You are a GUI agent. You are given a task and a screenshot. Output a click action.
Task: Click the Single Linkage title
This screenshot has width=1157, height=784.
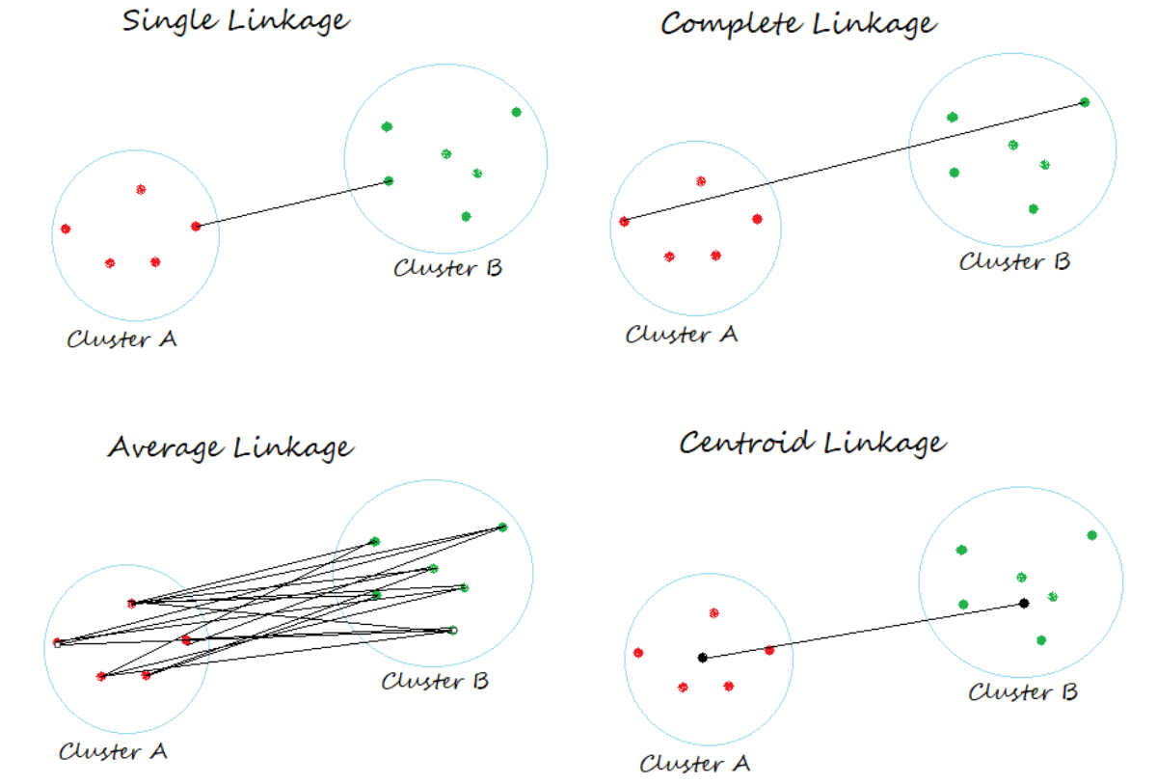pyautogui.click(x=236, y=20)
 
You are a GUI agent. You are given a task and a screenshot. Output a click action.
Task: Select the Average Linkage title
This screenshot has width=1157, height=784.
pyautogui.click(x=230, y=447)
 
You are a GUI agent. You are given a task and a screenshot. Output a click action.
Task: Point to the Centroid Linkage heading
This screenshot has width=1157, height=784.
pyautogui.click(x=812, y=443)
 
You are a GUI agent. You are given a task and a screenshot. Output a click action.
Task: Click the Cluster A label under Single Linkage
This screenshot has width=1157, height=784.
pyautogui.click(x=121, y=339)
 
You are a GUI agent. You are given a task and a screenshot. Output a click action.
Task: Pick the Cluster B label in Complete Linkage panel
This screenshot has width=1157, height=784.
pyautogui.click(x=1014, y=260)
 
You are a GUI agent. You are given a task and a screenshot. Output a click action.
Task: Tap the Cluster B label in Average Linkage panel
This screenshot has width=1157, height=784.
pyautogui.click(x=435, y=681)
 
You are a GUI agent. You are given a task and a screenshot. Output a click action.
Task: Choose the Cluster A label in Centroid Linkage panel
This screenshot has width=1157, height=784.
pyautogui.click(x=694, y=764)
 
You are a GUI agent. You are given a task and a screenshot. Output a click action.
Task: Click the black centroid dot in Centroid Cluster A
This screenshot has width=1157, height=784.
pyautogui.click(x=703, y=658)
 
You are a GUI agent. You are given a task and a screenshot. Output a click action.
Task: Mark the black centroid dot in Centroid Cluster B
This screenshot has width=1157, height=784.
pyautogui.click(x=1024, y=604)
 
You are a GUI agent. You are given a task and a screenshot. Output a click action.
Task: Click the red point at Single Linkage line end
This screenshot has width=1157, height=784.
pyautogui.click(x=196, y=227)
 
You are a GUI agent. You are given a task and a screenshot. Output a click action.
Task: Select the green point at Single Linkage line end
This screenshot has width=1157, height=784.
pyautogui.click(x=389, y=180)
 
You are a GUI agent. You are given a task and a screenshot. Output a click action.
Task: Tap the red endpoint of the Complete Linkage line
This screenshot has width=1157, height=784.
pyautogui.click(x=624, y=222)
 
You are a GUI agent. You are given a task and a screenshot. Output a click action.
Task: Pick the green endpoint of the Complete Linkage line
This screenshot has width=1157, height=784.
pyautogui.click(x=1085, y=102)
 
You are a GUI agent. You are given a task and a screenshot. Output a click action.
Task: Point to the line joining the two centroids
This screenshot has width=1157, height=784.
pyautogui.click(x=863, y=631)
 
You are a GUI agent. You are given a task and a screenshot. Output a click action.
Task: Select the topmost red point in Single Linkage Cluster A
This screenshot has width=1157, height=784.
pyautogui.click(x=141, y=189)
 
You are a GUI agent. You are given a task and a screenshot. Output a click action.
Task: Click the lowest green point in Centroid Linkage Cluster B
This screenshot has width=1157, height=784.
pyautogui.click(x=1041, y=639)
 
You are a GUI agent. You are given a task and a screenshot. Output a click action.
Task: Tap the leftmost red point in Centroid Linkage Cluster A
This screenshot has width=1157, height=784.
pyautogui.click(x=637, y=653)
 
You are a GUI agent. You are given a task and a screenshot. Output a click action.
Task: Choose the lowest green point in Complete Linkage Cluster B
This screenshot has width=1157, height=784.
pyautogui.click(x=1033, y=208)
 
